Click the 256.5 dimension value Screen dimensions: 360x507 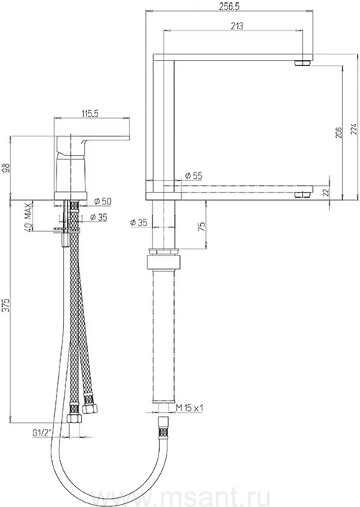coord(229,7)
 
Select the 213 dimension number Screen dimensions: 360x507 coord(237,26)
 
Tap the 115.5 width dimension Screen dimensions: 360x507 coord(89,114)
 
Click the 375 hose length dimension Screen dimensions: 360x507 coord(7,306)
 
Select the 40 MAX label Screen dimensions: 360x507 coord(28,216)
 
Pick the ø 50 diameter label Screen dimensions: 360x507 coord(103,201)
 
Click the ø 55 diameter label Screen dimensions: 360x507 coord(193,175)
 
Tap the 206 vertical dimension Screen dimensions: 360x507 coord(338,132)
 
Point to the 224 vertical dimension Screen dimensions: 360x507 coord(353,129)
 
